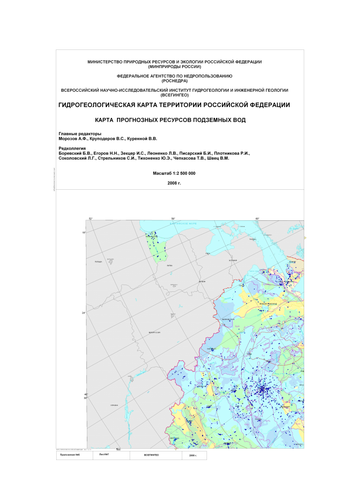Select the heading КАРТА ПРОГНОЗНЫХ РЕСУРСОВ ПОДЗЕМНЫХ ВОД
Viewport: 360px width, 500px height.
click(x=174, y=120)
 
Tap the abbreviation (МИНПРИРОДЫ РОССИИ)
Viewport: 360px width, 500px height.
click(x=174, y=66)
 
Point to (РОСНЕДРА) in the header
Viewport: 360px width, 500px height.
click(x=174, y=80)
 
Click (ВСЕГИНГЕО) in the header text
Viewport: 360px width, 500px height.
click(x=174, y=95)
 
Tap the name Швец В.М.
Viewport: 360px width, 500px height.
click(x=220, y=158)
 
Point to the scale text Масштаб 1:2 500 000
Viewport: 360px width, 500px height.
click(x=174, y=173)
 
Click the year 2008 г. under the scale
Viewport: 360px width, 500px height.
click(x=174, y=183)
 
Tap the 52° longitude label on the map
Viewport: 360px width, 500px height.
click(x=90, y=219)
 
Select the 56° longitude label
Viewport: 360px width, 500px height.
click(x=173, y=219)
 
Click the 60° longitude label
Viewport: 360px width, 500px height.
click(x=257, y=219)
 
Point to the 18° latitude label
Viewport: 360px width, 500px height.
click(x=84, y=232)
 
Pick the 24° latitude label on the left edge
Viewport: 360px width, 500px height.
click(x=84, y=313)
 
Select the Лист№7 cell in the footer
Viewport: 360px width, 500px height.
click(x=104, y=455)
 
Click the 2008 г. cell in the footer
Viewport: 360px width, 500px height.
click(x=193, y=455)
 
